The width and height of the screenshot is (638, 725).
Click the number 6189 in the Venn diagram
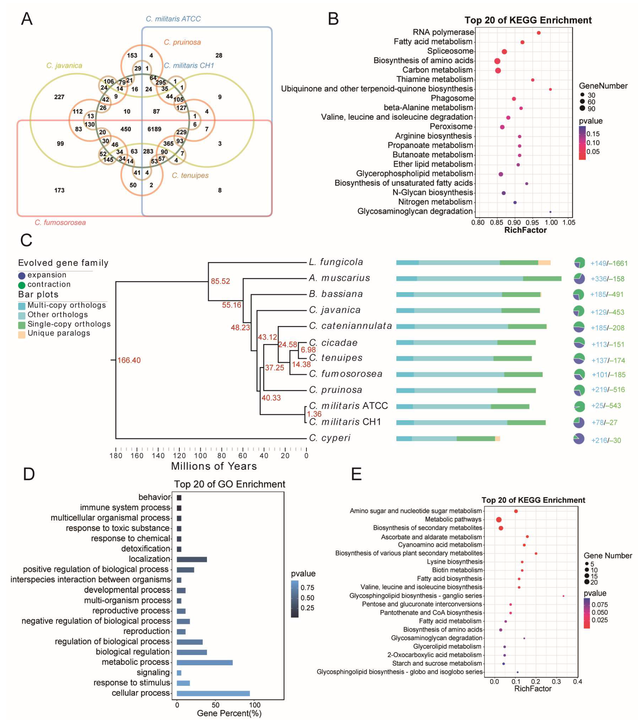click(x=154, y=129)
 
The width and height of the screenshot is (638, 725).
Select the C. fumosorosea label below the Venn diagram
click(x=60, y=222)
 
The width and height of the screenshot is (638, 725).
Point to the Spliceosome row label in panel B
click(x=450, y=51)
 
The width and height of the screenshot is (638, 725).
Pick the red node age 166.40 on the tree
click(x=129, y=360)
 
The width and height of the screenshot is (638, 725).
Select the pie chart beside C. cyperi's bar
click(x=579, y=439)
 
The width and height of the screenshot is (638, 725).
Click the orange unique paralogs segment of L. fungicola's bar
click(x=544, y=262)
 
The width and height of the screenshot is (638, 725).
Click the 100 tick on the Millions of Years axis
click(x=200, y=455)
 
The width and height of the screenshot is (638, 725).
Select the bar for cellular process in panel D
click(x=213, y=693)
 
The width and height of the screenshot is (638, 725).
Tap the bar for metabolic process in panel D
click(x=204, y=662)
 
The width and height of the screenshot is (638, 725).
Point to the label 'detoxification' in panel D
click(x=145, y=549)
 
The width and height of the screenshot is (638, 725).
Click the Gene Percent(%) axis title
click(x=229, y=713)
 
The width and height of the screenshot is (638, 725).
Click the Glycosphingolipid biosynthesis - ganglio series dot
click(x=563, y=596)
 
